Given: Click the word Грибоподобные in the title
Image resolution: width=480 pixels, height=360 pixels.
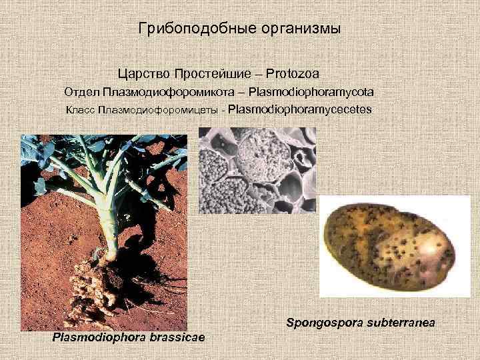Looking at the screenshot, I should pos(181,29).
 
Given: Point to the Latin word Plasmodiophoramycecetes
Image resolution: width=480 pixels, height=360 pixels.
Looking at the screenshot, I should pos(300,109).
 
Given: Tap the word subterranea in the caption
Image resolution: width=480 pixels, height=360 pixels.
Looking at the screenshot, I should pos(399,323).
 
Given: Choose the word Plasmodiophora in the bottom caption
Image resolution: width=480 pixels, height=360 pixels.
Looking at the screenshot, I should pos(99,337).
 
